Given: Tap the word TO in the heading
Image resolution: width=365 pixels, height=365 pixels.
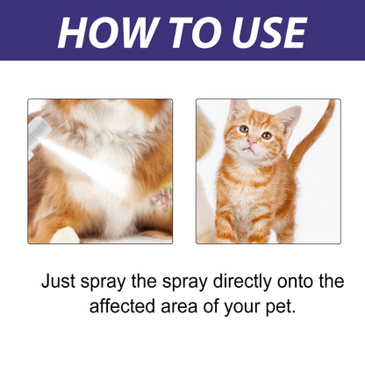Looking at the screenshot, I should [x=186, y=32].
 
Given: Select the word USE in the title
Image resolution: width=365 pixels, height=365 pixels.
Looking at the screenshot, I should [x=262, y=32].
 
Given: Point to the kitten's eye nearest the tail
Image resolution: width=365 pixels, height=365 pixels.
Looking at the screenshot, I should [x=266, y=135].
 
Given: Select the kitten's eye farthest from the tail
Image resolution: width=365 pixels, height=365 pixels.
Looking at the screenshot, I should [x=243, y=131].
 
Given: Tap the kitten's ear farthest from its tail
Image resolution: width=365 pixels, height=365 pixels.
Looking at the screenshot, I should [x=236, y=109].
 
